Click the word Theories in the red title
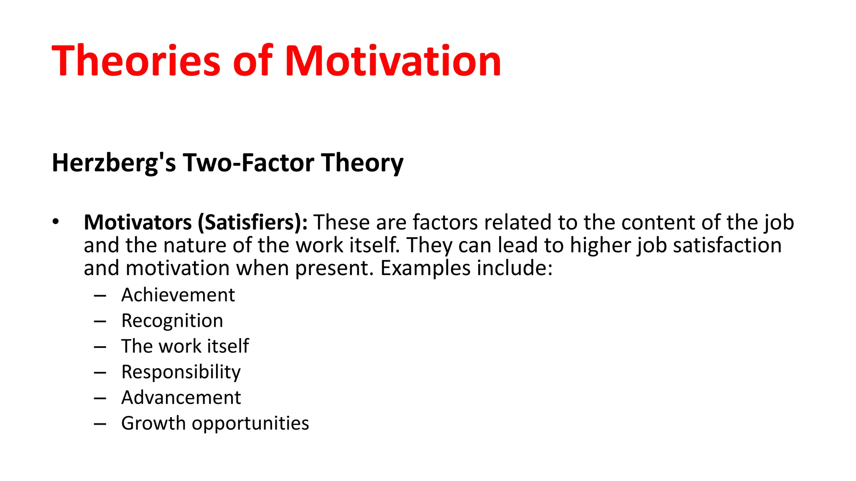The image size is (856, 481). pos(136,61)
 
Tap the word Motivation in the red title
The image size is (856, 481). pos(393,61)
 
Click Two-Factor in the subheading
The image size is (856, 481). pos(249,163)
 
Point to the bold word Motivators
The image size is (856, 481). pos(138,222)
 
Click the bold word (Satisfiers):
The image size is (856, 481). pos(252,222)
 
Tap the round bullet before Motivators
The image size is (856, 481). pos(56,222)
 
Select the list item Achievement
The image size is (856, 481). pos(178,295)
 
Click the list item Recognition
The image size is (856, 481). pos(172,321)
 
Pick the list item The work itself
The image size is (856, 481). pos(185,346)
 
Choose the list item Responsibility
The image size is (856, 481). pos(181,372)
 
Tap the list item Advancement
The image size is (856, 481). pos(181,397)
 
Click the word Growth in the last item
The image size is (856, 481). pos(153,423)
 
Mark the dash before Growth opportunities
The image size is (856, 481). pos(100,424)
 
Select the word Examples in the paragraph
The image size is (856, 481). pos(425,268)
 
